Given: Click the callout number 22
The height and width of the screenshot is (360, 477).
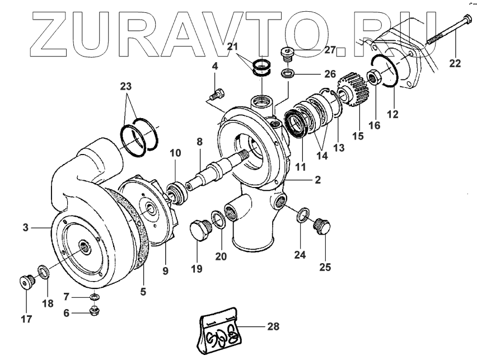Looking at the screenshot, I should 455,63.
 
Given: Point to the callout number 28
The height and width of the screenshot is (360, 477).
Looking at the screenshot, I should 273,326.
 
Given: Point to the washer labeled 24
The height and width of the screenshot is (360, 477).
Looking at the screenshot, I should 303,214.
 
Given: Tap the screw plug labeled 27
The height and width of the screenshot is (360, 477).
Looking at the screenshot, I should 287,54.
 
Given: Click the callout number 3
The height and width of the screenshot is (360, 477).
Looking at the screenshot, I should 25,227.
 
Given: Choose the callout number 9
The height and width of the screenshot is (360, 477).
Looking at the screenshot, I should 165,271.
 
